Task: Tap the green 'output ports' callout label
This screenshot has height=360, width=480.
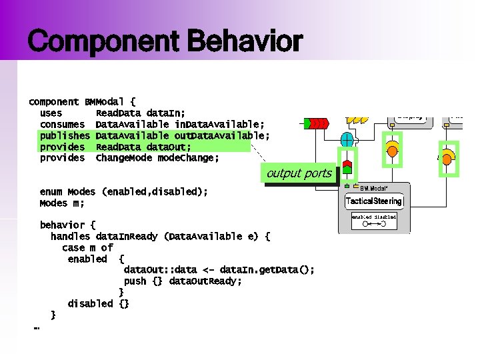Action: click(299, 173)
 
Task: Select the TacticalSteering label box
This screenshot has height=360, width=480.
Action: click(373, 201)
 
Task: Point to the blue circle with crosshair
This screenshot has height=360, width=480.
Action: click(347, 140)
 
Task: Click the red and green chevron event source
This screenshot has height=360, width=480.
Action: click(316, 123)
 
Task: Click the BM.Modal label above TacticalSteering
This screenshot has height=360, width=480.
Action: click(377, 187)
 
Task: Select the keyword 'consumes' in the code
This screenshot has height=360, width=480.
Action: click(62, 125)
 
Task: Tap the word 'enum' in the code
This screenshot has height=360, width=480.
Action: click(52, 191)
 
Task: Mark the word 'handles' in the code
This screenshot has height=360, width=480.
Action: click(71, 236)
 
